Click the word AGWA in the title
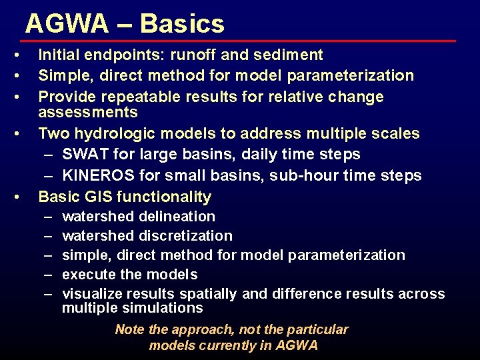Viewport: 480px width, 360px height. (x=67, y=24)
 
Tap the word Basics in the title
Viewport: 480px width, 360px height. (x=182, y=24)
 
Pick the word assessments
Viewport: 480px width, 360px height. (x=87, y=111)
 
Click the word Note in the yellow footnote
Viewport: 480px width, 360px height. (x=129, y=329)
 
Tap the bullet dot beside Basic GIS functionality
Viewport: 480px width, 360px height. (x=23, y=197)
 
